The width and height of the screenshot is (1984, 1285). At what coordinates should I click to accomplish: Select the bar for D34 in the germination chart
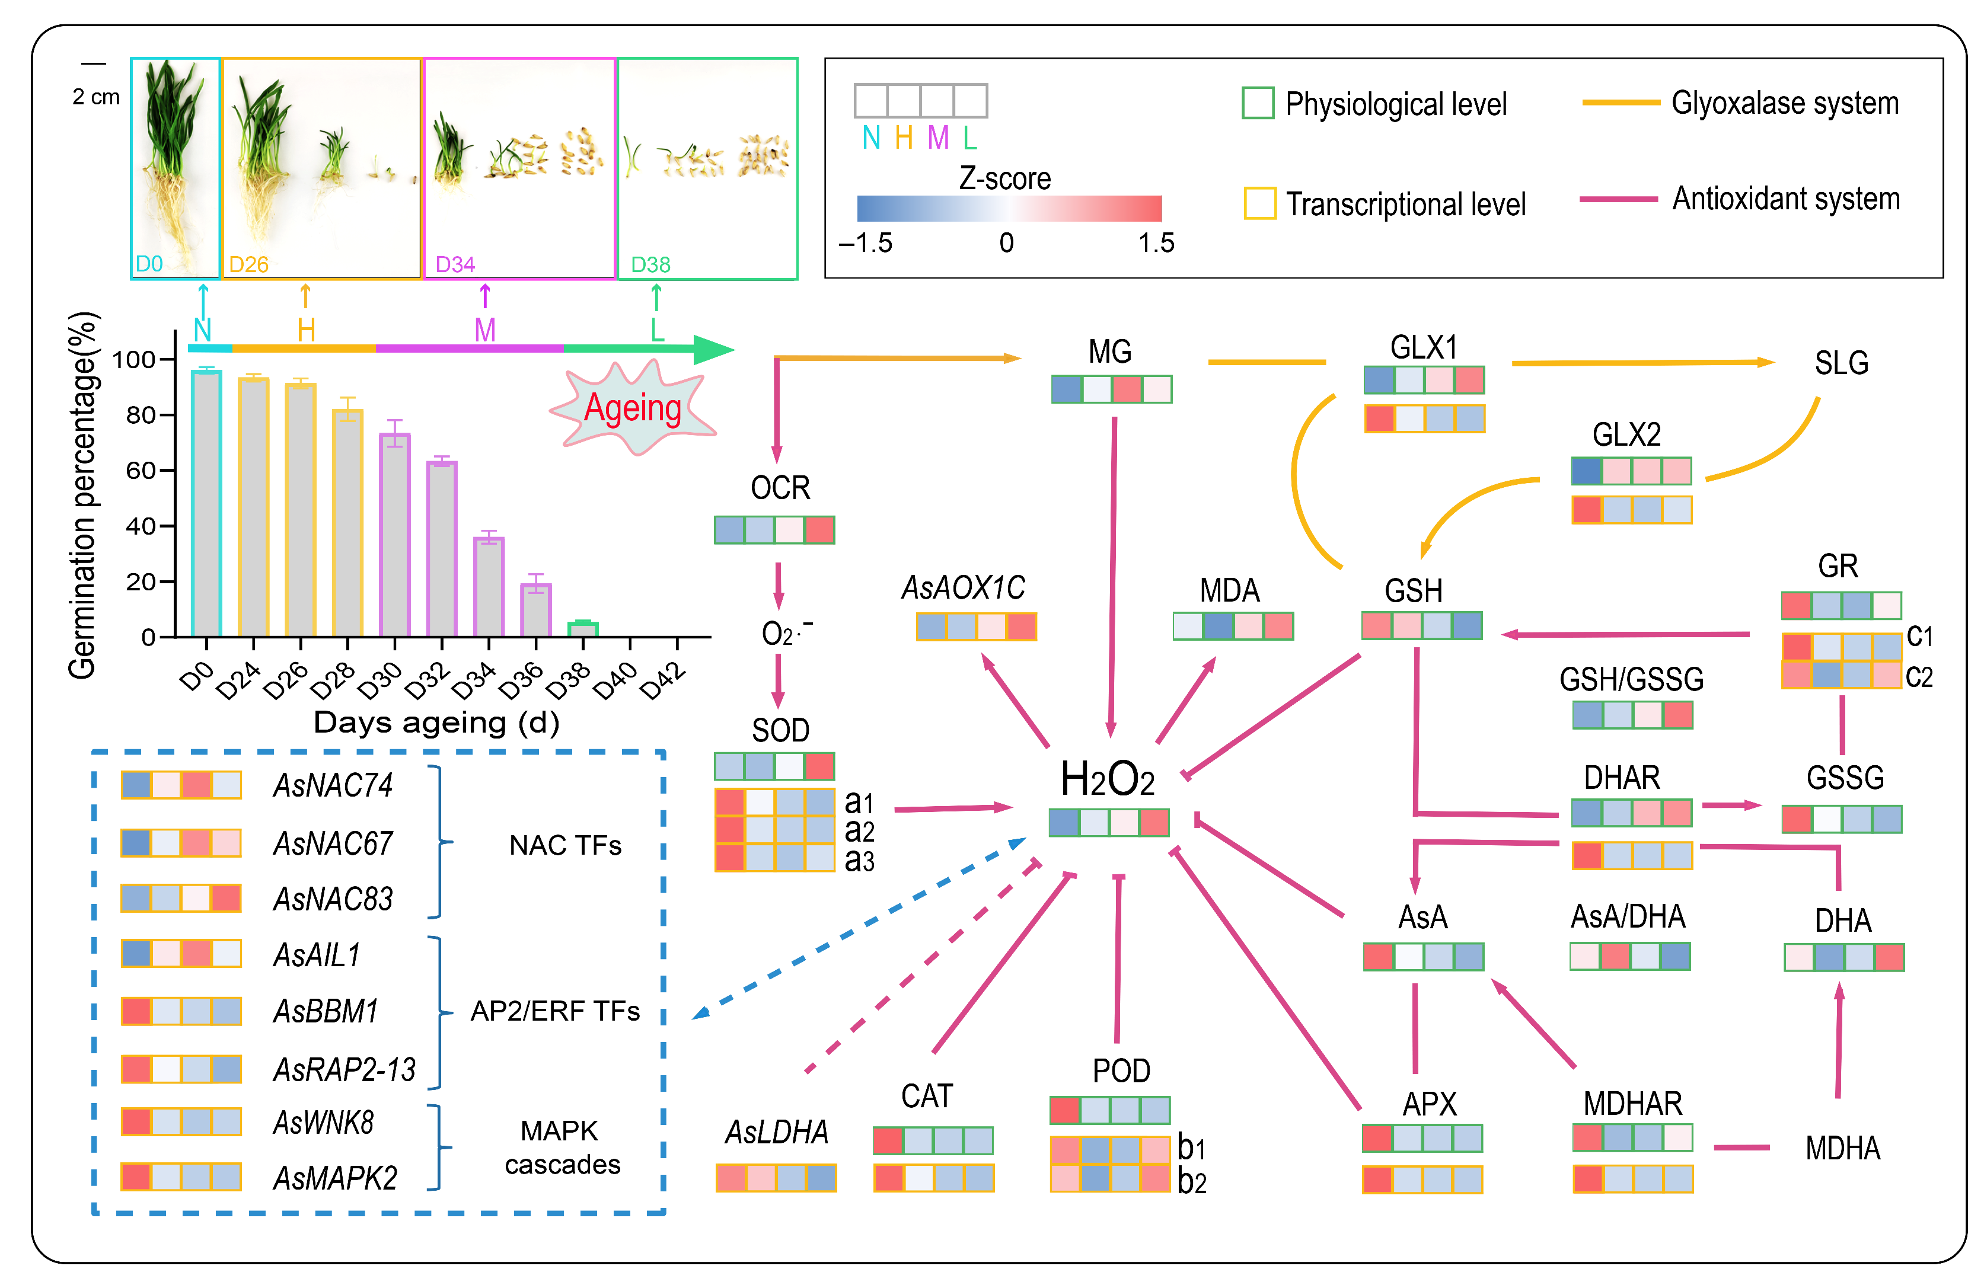tap(489, 587)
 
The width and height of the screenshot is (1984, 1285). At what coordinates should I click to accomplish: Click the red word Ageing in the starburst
tap(633, 408)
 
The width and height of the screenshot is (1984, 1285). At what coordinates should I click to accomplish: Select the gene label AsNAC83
tap(333, 899)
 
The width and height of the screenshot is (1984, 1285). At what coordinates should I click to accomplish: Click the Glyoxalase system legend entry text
tap(1785, 103)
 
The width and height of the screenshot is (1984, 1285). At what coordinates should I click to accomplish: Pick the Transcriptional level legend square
tap(1259, 203)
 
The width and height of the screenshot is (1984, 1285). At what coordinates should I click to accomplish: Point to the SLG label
tap(1842, 363)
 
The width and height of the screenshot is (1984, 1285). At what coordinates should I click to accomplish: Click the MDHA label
tap(1842, 1148)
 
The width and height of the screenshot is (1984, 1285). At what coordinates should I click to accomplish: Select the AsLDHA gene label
tap(776, 1131)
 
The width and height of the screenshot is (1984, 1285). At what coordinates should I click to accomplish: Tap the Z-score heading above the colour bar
tap(1004, 178)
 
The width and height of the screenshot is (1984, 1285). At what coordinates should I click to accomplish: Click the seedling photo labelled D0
tap(175, 167)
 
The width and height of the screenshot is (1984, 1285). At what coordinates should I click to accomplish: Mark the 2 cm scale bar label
tap(96, 97)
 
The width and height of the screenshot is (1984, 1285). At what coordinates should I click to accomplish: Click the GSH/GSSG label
tap(1631, 679)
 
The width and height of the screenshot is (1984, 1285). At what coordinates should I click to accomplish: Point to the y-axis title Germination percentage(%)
tap(84, 496)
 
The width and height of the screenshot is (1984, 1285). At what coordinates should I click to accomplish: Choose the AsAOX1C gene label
tap(963, 587)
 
